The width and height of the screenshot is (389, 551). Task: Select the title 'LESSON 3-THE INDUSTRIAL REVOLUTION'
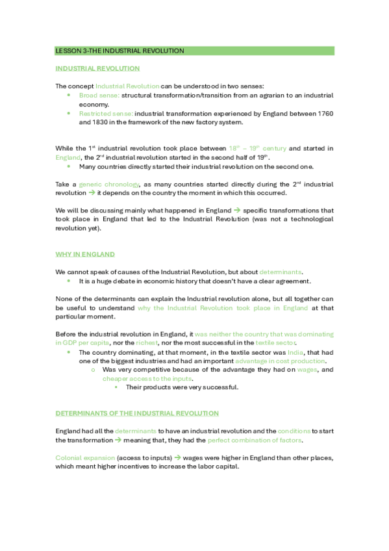point(120,51)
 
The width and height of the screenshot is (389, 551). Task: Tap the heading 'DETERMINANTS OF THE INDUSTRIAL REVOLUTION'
point(137,413)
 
